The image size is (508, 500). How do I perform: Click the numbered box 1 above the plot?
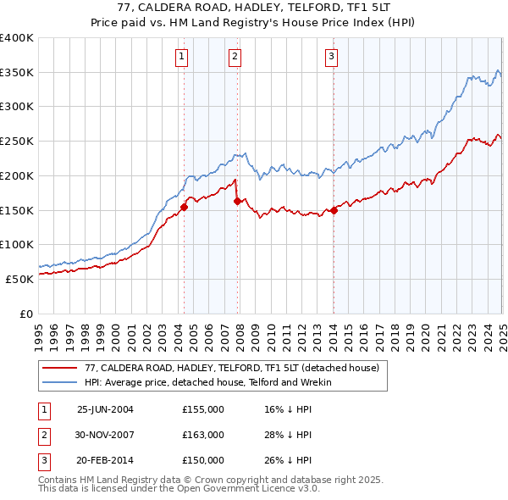[x=183, y=57]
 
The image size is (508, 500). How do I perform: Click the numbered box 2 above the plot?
[x=235, y=57]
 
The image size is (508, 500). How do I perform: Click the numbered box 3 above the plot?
[x=331, y=57]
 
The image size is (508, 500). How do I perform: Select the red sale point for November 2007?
[x=237, y=201]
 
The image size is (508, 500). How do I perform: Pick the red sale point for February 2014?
[x=334, y=210]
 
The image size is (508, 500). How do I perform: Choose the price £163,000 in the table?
[x=203, y=435]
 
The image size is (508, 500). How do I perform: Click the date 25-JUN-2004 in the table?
[x=105, y=409]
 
